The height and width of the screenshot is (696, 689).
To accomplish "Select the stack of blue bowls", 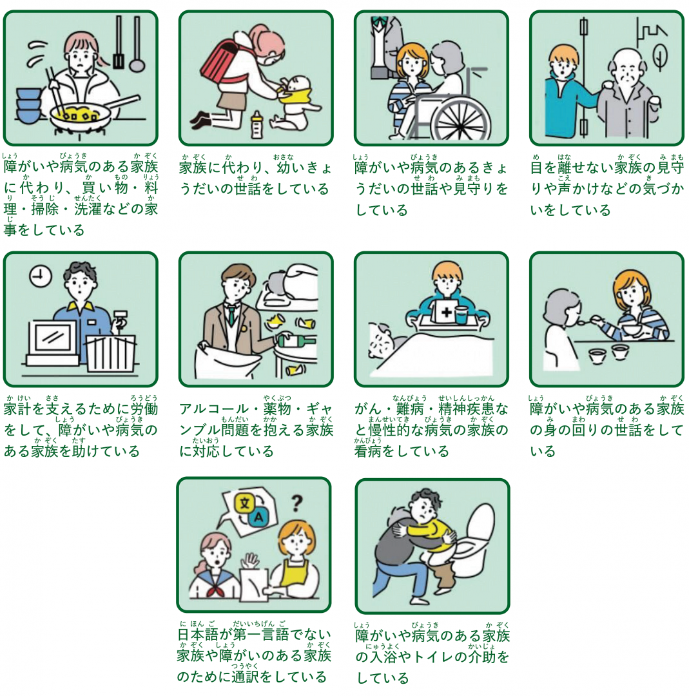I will tap(28, 105).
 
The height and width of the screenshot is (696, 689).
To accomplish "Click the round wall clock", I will tap(40, 276).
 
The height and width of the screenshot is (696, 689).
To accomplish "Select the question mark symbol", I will tap(297, 501).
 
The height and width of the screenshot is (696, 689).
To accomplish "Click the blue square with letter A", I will tap(260, 517).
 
